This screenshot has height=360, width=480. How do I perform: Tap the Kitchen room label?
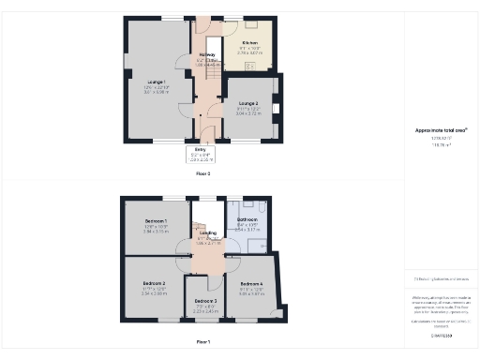250,43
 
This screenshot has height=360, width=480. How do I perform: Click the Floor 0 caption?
202,173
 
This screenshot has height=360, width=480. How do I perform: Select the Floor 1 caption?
202,341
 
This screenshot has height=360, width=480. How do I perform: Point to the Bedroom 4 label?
251,284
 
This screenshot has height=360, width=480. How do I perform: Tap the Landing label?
208,232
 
